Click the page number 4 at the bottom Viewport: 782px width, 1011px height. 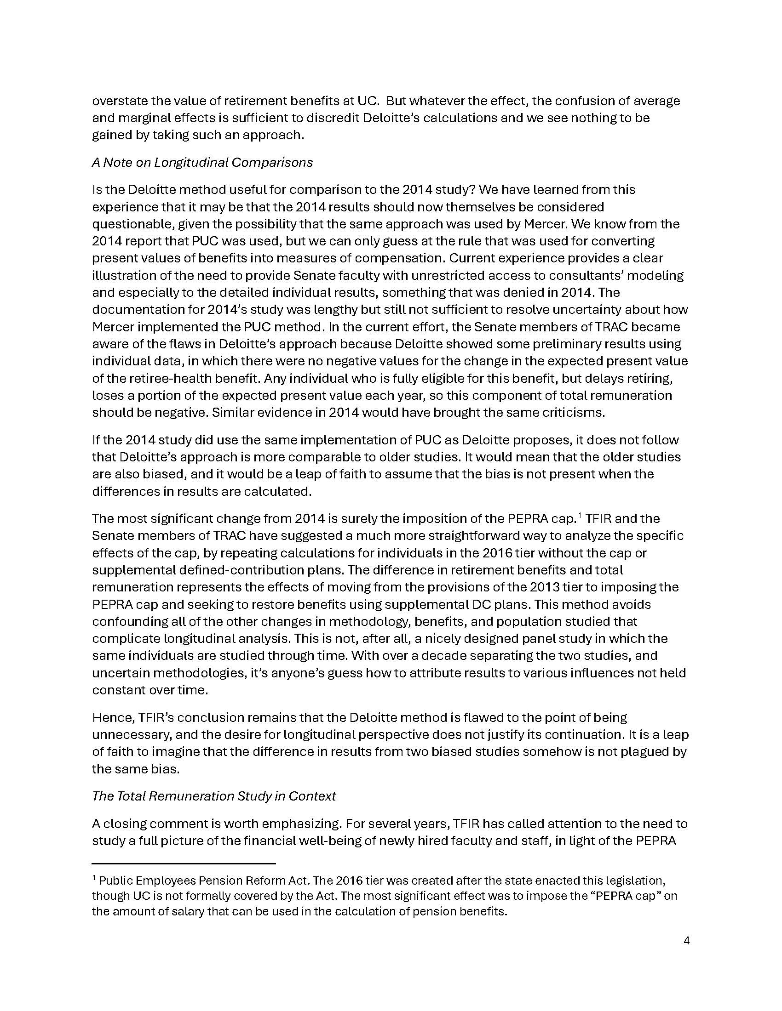(687, 941)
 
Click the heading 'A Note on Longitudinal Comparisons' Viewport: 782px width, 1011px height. (202, 163)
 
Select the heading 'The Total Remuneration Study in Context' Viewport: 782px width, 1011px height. (213, 796)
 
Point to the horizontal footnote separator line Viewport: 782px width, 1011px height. (184, 864)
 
